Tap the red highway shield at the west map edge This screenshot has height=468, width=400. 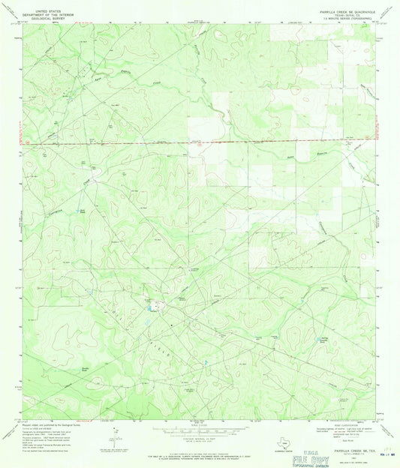[x=27, y=140]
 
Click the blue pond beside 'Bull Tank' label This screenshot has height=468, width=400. [x=81, y=213]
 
